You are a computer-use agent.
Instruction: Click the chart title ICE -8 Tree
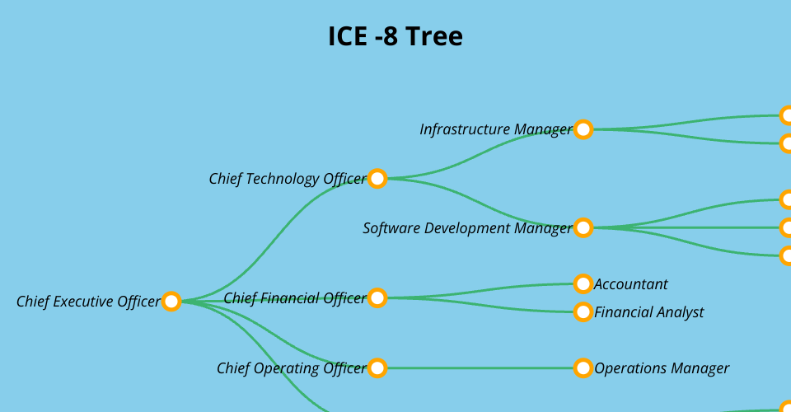click(x=395, y=37)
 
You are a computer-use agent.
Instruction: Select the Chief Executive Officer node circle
click(x=171, y=302)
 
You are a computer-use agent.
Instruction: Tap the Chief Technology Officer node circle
click(x=377, y=179)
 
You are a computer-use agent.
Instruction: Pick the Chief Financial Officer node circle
click(x=377, y=298)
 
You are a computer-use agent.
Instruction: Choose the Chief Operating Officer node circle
click(x=377, y=368)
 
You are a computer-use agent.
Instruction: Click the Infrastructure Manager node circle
click(x=583, y=129)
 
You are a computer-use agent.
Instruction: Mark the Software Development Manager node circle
click(x=583, y=228)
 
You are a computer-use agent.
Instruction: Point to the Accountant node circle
click(x=583, y=284)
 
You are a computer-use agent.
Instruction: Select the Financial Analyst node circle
click(x=583, y=312)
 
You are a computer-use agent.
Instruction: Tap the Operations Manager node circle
click(x=583, y=368)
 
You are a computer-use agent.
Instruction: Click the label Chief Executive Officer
click(x=88, y=302)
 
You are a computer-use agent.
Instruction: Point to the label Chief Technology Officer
click(x=287, y=179)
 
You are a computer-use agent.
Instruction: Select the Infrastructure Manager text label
click(x=495, y=129)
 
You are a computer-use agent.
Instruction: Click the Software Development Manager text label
click(x=467, y=228)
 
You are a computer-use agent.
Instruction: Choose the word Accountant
click(x=631, y=284)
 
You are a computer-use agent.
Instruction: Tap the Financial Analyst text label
click(x=649, y=312)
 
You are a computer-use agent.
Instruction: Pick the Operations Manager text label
click(x=662, y=368)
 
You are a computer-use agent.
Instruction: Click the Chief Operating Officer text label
click(x=291, y=368)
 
